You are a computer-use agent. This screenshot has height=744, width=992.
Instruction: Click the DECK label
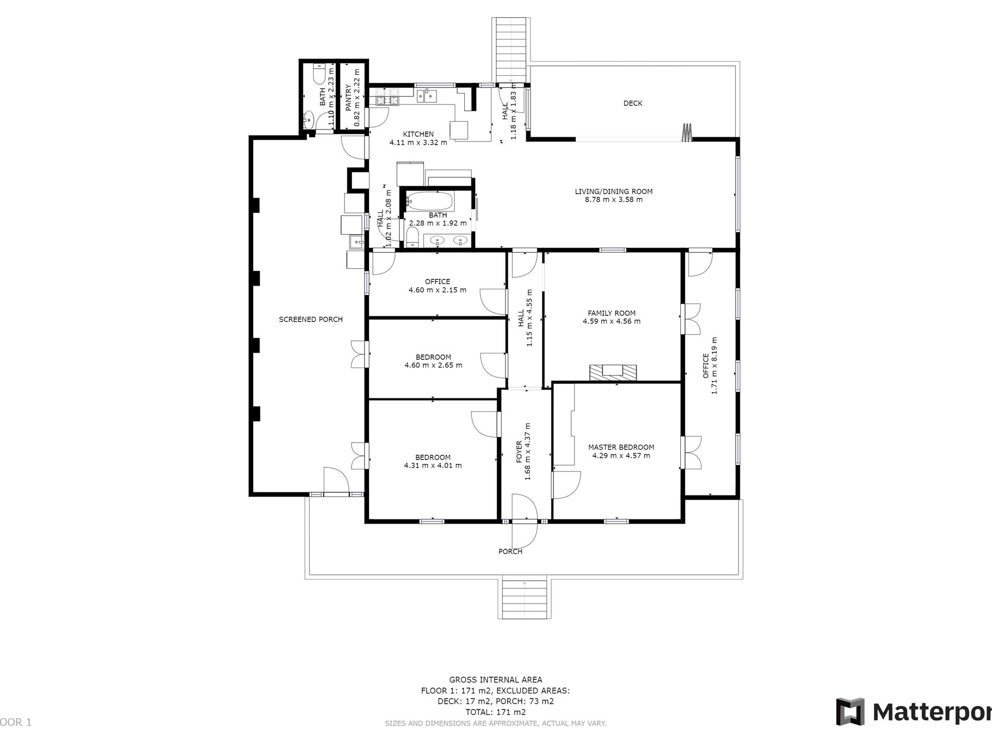[x=633, y=103]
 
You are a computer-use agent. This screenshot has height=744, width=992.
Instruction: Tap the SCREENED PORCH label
[x=311, y=320]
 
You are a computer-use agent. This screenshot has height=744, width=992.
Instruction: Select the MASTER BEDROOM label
[x=621, y=447]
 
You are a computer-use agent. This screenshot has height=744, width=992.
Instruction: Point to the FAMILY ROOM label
[x=611, y=313]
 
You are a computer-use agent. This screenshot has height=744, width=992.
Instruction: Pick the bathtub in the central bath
[x=431, y=200]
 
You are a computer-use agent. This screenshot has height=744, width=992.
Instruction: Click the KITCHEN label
[x=418, y=134]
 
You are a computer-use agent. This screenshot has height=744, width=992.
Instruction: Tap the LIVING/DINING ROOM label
[x=613, y=192]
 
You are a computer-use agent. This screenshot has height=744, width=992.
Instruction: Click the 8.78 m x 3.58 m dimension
[x=613, y=199]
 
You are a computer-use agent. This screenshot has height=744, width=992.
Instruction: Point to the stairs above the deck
[x=510, y=50]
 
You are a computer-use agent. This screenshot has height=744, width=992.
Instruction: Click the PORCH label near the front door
[x=510, y=551]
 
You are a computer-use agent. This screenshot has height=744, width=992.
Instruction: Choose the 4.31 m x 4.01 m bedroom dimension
[x=433, y=466]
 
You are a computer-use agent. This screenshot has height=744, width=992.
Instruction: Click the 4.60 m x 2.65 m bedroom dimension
[x=433, y=365]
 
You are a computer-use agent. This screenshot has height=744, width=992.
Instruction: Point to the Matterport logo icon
[x=850, y=712]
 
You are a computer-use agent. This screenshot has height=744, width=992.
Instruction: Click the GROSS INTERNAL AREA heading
[x=495, y=680]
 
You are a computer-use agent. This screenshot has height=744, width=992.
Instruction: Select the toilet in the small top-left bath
[x=319, y=74]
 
